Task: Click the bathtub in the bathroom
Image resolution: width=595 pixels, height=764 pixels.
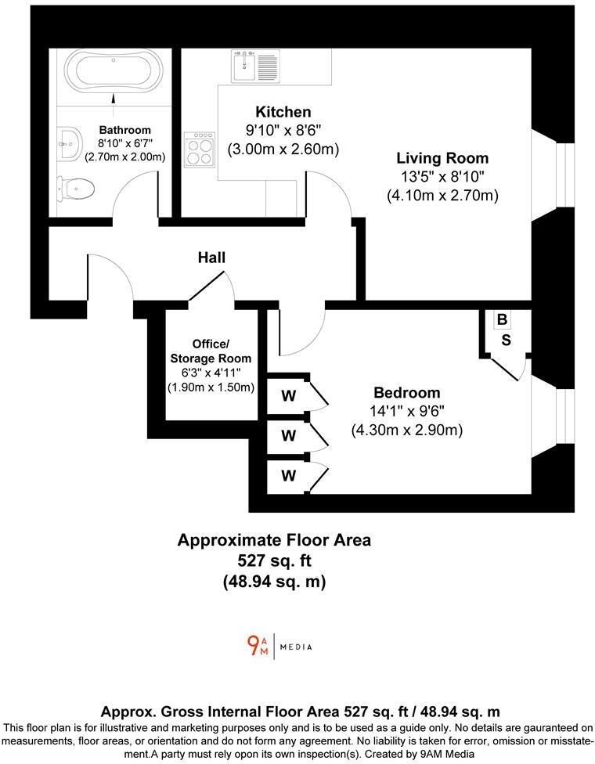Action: pyautogui.click(x=114, y=70)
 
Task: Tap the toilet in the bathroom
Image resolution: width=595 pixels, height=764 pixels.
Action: pyautogui.click(x=77, y=188)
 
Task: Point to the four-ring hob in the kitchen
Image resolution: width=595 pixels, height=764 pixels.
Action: pyautogui.click(x=200, y=148)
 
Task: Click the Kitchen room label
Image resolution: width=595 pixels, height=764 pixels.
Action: pyautogui.click(x=283, y=112)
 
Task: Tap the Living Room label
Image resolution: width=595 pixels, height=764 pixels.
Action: pyautogui.click(x=442, y=158)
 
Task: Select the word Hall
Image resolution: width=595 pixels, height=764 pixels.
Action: pyautogui.click(x=211, y=257)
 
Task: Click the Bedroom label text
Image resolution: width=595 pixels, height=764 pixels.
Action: pyautogui.click(x=406, y=392)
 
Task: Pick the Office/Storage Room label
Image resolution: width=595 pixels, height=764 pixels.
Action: pyautogui.click(x=211, y=351)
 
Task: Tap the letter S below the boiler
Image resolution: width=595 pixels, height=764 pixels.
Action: pyautogui.click(x=507, y=340)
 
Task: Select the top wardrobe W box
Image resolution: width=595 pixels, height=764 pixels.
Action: pyautogui.click(x=289, y=396)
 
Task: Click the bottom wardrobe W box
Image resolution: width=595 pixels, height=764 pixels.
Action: pyautogui.click(x=289, y=475)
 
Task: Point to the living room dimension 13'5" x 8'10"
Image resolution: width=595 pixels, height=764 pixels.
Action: pyautogui.click(x=442, y=177)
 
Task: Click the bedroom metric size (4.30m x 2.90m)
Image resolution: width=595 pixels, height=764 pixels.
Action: pyautogui.click(x=406, y=430)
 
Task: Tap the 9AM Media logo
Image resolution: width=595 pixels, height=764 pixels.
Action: pyautogui.click(x=279, y=646)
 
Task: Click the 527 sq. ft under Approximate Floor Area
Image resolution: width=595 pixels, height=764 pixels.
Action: pyautogui.click(x=274, y=560)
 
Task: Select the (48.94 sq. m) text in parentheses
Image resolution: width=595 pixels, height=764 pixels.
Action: pyautogui.click(x=274, y=582)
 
